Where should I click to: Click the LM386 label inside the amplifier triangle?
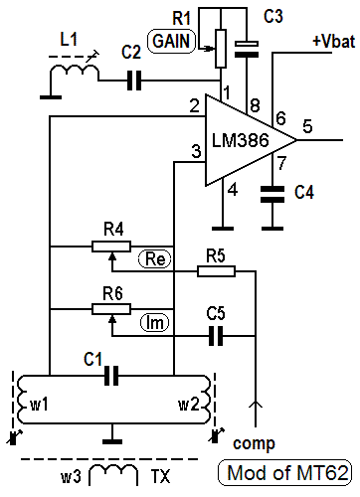pyautogui.click(x=241, y=140)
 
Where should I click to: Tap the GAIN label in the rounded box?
pyautogui.click(x=171, y=42)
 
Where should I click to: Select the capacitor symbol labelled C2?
pyautogui.click(x=134, y=81)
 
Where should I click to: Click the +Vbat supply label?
pyautogui.click(x=334, y=42)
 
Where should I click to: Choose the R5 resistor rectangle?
pyautogui.click(x=216, y=271)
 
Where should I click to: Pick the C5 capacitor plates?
pyautogui.click(x=216, y=336)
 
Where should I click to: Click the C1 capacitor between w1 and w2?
pyautogui.click(x=111, y=376)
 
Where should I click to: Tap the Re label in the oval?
pyautogui.click(x=155, y=258)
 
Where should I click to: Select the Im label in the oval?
pyautogui.click(x=154, y=323)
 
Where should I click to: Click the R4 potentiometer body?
pyautogui.click(x=111, y=247)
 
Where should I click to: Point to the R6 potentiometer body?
pyautogui.click(x=111, y=309)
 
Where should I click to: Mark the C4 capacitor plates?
pyautogui.click(x=272, y=194)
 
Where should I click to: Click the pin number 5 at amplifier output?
pyautogui.click(x=307, y=126)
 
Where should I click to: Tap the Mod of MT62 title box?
pyautogui.click(x=284, y=473)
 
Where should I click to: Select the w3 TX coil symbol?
pyautogui.click(x=113, y=474)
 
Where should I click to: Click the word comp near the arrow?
pyautogui.click(x=254, y=444)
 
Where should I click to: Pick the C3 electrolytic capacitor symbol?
pyautogui.click(x=247, y=49)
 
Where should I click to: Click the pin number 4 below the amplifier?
pyautogui.click(x=233, y=190)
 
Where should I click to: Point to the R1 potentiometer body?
pyautogui.click(x=221, y=49)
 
